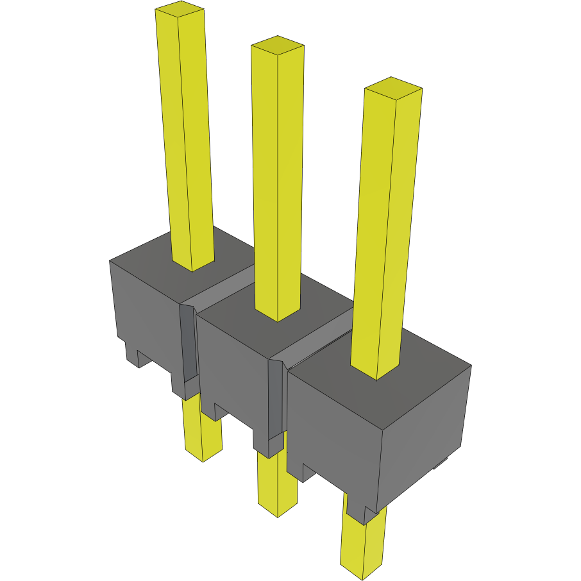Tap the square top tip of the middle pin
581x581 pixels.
tap(277, 45)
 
